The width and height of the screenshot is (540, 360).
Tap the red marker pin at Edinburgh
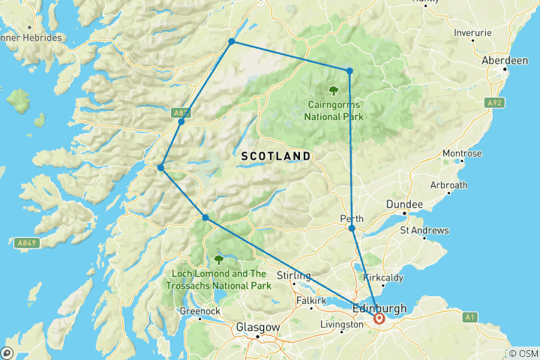379,319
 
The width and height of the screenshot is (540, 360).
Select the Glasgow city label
257,328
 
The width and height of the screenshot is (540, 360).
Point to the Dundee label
404,204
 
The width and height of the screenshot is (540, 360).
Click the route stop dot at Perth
352,228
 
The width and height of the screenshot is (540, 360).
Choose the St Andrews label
425,230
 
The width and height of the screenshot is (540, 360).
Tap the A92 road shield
493,103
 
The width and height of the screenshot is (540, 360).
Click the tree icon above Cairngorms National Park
333,92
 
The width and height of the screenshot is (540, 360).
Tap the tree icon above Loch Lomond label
219,259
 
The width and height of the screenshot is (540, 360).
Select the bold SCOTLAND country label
276,155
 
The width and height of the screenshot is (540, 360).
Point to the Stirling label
294,275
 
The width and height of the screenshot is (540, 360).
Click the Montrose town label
462,154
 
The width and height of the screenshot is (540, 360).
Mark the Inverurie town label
473,33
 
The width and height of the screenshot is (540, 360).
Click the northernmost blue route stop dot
232,41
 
